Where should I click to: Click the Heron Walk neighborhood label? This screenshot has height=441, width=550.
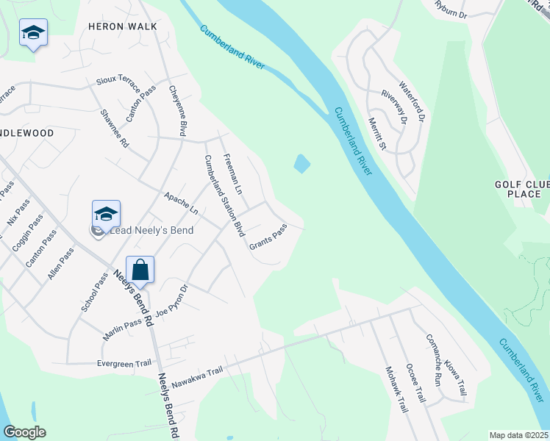point(123,26)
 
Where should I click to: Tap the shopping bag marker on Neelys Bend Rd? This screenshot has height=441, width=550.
point(140,269)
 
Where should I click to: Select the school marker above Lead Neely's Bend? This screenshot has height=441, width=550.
point(106,214)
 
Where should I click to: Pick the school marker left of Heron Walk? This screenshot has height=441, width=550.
point(33,32)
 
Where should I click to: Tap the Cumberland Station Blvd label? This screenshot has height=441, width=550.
point(224,195)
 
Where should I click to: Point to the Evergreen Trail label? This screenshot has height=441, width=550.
point(124,363)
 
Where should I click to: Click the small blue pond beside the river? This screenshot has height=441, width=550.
point(301,163)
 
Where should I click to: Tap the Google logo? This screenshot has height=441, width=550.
point(24,433)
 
